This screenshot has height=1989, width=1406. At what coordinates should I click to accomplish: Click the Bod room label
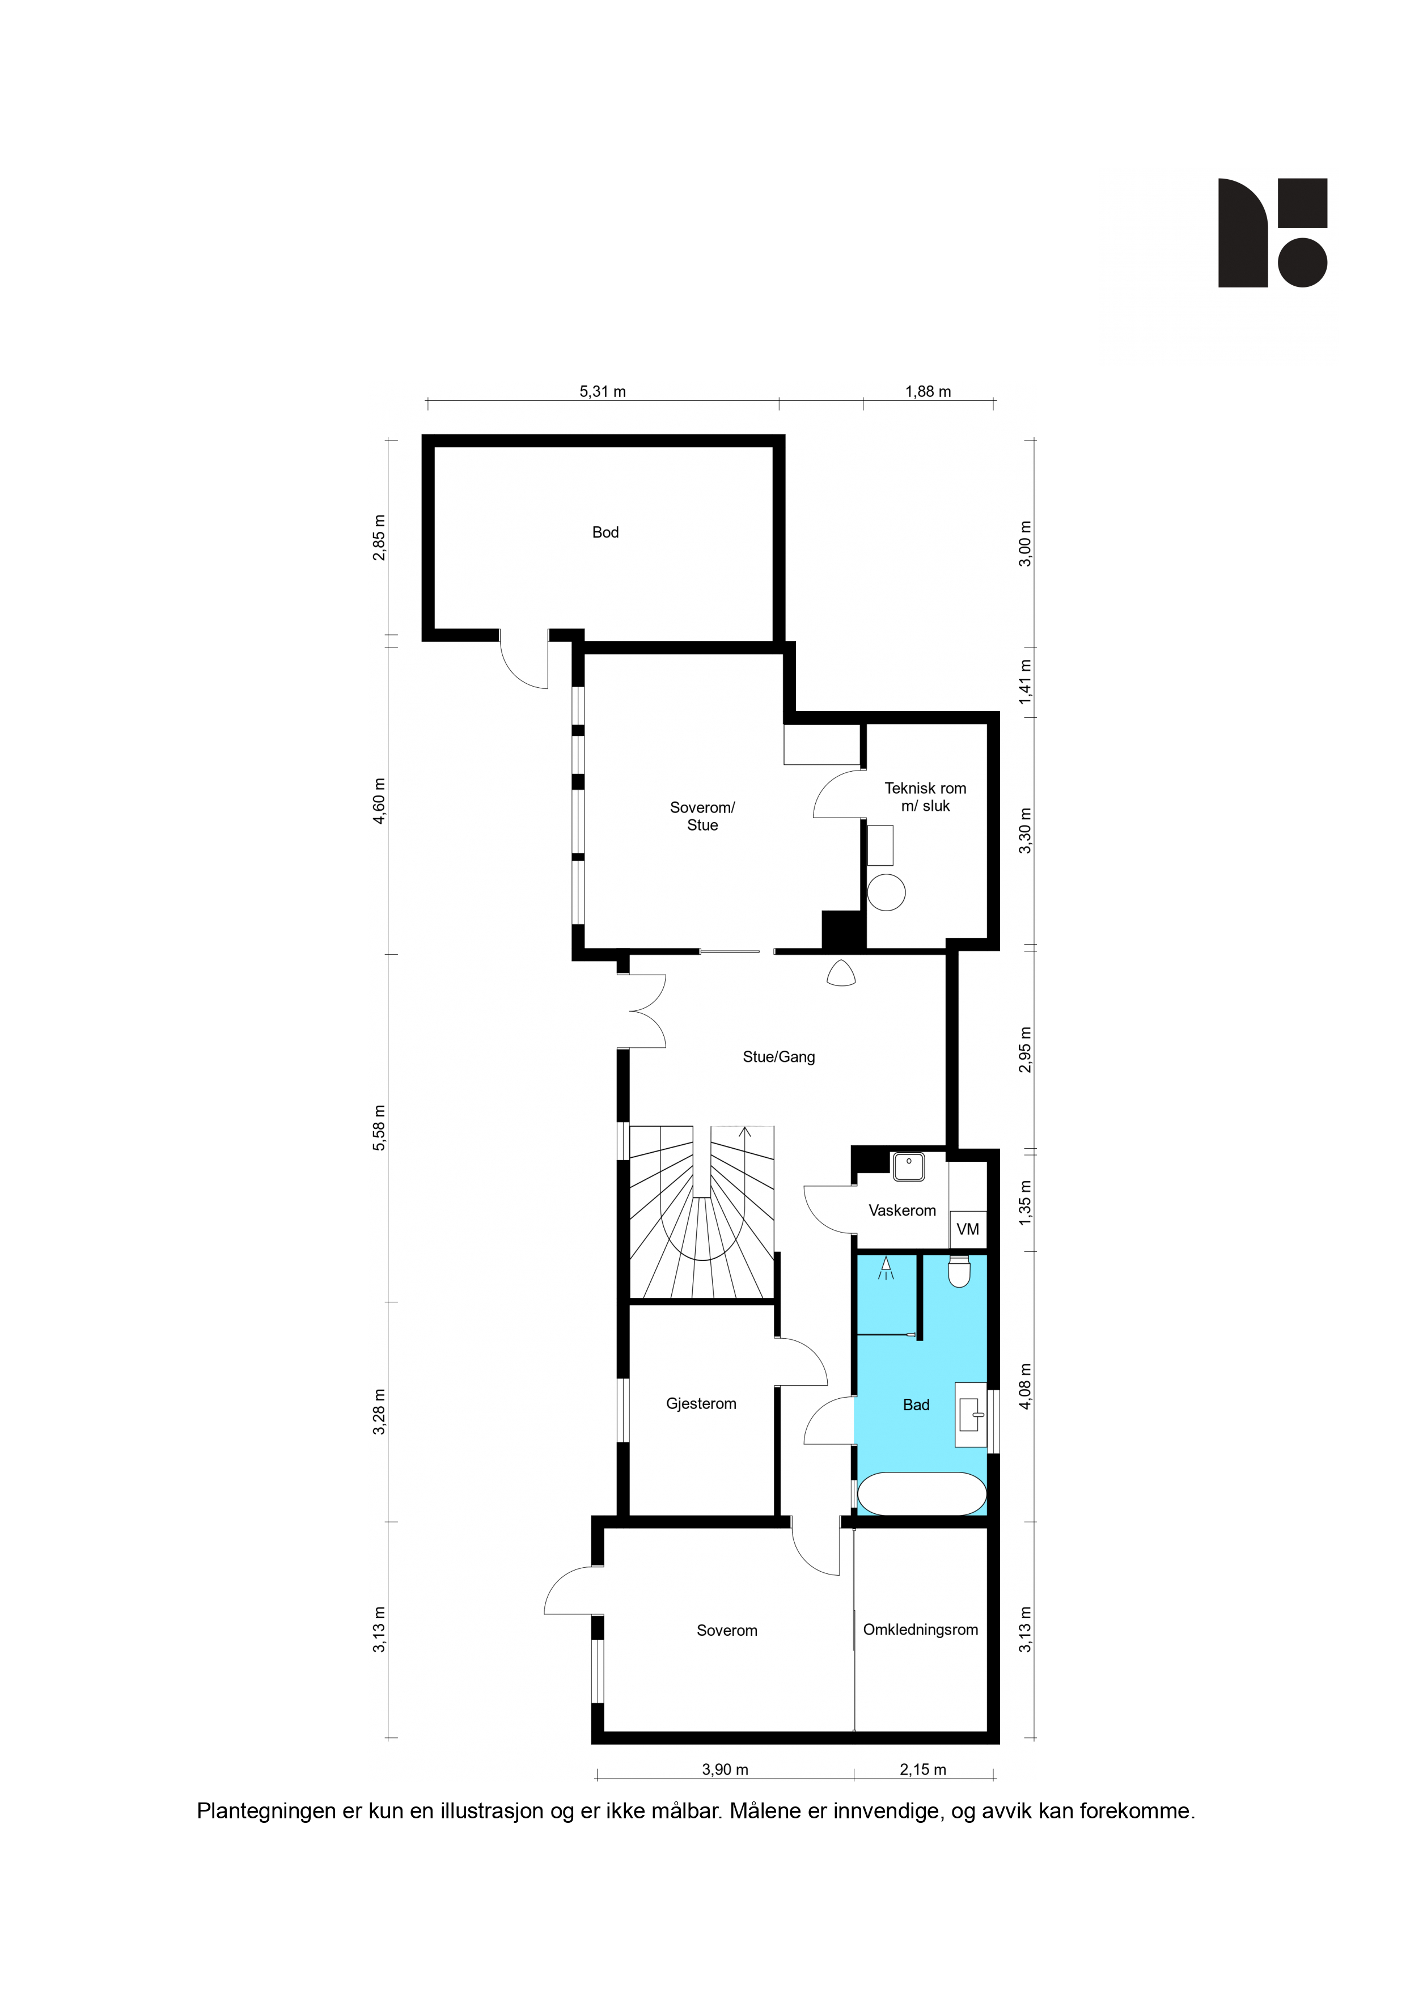point(605,532)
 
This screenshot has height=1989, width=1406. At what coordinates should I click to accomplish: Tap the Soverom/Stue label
point(702,816)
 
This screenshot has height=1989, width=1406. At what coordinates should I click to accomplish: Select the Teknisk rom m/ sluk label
point(925,797)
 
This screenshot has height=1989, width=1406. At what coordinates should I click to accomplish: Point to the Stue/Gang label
point(779,1057)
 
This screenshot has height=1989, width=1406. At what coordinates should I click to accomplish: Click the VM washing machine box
point(968,1229)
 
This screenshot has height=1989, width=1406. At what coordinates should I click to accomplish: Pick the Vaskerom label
point(902,1210)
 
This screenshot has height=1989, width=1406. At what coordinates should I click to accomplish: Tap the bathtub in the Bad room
point(921,1495)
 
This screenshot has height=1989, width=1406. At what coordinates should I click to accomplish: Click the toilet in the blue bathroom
point(959,1271)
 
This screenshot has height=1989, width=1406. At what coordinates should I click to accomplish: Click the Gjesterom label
point(701,1403)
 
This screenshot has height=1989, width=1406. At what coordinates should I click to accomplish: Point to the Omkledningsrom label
point(920,1630)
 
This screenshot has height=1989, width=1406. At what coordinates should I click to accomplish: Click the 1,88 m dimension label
point(928,392)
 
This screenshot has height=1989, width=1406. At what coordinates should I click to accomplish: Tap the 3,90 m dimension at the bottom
point(725,1770)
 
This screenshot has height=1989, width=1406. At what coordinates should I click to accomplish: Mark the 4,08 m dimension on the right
point(1026,1387)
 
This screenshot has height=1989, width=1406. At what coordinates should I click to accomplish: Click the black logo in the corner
point(1273,233)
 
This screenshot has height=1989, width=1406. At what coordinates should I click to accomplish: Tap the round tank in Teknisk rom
point(886,892)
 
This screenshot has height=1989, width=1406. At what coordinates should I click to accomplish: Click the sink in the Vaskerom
point(909,1167)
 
